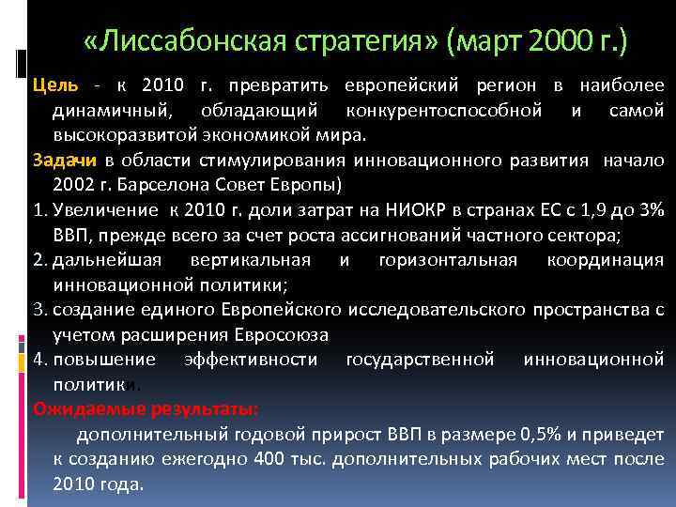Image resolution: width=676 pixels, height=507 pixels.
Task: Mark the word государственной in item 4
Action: coord(420,360)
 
